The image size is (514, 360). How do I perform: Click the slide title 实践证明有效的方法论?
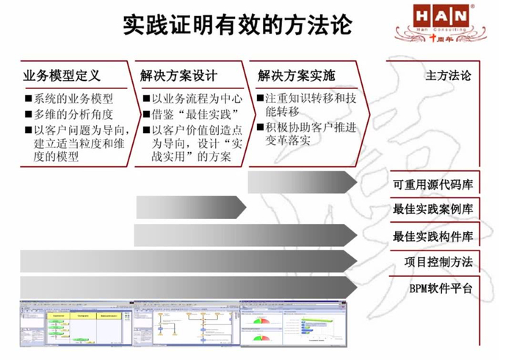(x=236, y=24)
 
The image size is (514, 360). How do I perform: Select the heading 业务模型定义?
(x=62, y=75)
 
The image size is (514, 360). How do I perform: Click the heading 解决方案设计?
(x=180, y=75)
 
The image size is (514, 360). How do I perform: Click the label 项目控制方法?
(x=438, y=262)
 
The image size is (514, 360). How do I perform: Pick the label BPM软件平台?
(x=441, y=288)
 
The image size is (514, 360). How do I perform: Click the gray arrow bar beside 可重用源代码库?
(x=302, y=182)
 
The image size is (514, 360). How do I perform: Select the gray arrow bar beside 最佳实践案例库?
(x=191, y=209)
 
